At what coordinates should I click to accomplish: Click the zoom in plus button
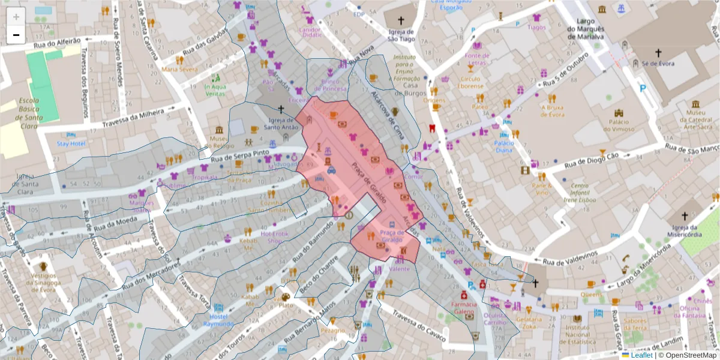[x=16, y=17]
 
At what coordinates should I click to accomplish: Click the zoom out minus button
[x=16, y=35]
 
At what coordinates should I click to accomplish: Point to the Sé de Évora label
[x=658, y=64]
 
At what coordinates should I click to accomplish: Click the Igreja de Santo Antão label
[x=280, y=123]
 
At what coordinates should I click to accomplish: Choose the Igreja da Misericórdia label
[x=683, y=230]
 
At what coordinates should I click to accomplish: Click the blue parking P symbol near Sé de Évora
[x=644, y=89]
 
